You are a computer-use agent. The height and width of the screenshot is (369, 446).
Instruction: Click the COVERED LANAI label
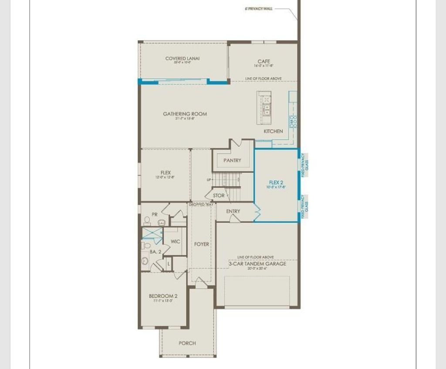[182, 58]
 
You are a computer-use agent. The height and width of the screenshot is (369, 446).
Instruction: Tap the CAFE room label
[264, 61]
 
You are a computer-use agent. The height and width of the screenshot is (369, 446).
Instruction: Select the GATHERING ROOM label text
[185, 114]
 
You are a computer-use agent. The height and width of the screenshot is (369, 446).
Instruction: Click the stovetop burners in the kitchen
[294, 121]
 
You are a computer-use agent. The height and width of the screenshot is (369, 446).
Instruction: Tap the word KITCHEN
[273, 131]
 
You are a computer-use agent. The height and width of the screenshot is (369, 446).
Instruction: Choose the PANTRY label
[232, 160]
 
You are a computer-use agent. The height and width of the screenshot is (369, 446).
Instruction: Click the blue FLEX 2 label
[276, 183]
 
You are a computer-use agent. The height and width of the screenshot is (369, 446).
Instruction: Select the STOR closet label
[219, 196]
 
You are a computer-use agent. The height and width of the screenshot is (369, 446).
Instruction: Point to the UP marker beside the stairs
[209, 180]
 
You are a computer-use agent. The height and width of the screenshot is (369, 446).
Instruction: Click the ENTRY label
[233, 211]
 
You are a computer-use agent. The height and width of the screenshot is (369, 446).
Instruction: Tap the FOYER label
[201, 244]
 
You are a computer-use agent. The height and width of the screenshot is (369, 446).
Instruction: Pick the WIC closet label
[175, 241]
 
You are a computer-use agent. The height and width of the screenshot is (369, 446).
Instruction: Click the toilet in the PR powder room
[147, 221]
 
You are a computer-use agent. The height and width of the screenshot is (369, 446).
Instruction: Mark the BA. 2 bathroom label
[155, 252]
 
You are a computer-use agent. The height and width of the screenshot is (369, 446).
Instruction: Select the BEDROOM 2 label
[163, 296]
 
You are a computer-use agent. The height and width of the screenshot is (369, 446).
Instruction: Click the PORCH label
[187, 343]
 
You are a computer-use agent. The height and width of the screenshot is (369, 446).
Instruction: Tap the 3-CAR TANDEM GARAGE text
[257, 264]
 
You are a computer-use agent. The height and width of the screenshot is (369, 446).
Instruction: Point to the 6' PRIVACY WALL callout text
[259, 8]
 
